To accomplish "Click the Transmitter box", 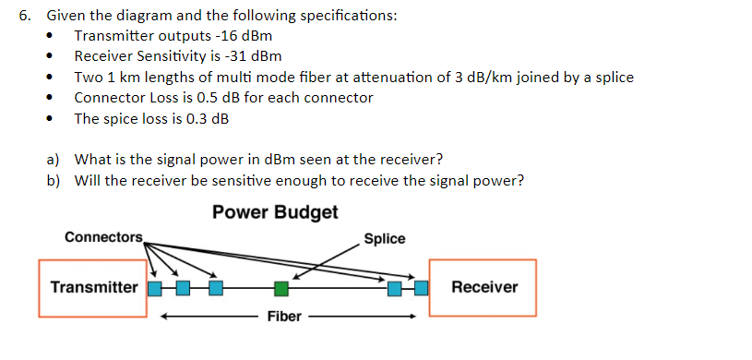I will point(93,287).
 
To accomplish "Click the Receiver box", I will point(483,287).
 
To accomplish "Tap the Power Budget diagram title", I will point(275,212).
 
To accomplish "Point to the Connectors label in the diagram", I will point(103,237).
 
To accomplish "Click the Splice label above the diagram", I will point(385,238).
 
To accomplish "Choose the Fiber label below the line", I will point(284,318).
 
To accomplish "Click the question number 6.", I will point(25,16).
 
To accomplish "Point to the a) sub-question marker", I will point(54,159).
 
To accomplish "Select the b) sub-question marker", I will point(54,180).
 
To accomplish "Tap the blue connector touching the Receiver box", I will point(422,289).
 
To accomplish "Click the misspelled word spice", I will point(119,119).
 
